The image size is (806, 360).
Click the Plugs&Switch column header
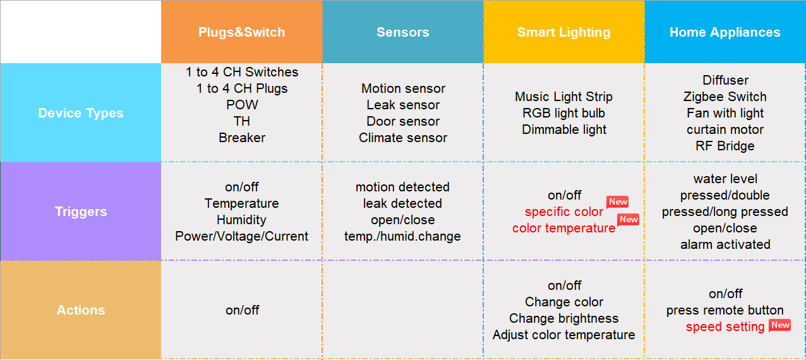coord(242,32)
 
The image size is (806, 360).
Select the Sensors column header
coord(403,32)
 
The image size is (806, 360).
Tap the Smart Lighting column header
coord(564,32)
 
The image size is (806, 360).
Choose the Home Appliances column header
coord(725,32)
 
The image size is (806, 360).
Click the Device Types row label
coord(81,113)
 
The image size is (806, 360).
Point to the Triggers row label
coord(81,212)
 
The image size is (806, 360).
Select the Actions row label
coord(81,310)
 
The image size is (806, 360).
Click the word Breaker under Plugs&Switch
coord(242,138)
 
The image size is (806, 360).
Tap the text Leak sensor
coord(403,105)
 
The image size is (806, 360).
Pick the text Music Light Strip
coord(564,97)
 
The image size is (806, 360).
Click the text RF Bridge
coord(725,146)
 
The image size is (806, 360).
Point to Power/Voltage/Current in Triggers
coord(242,236)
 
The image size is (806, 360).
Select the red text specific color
coord(564,212)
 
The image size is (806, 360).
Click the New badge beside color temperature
coord(629,219)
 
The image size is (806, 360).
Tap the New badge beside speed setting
coord(780,325)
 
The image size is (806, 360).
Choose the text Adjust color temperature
coord(564,335)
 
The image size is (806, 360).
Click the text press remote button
coord(725,310)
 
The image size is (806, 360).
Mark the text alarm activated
coord(725,244)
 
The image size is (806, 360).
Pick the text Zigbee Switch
coord(725,97)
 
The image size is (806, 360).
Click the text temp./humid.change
coord(403,236)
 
